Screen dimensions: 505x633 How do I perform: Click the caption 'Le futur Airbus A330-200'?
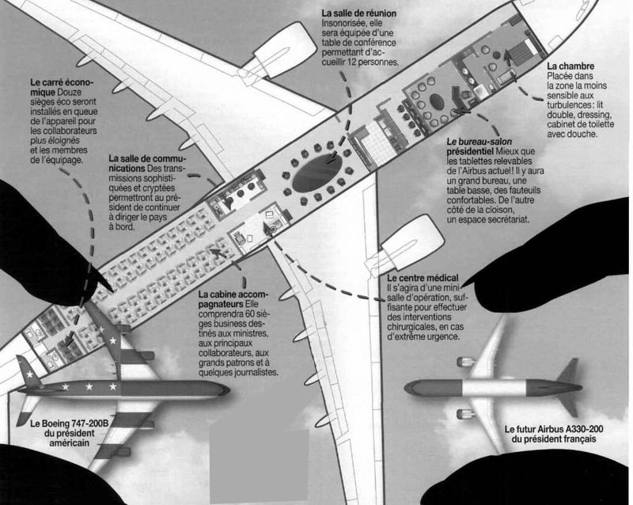point(559,429)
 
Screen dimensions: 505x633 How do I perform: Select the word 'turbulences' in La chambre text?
point(579,104)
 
